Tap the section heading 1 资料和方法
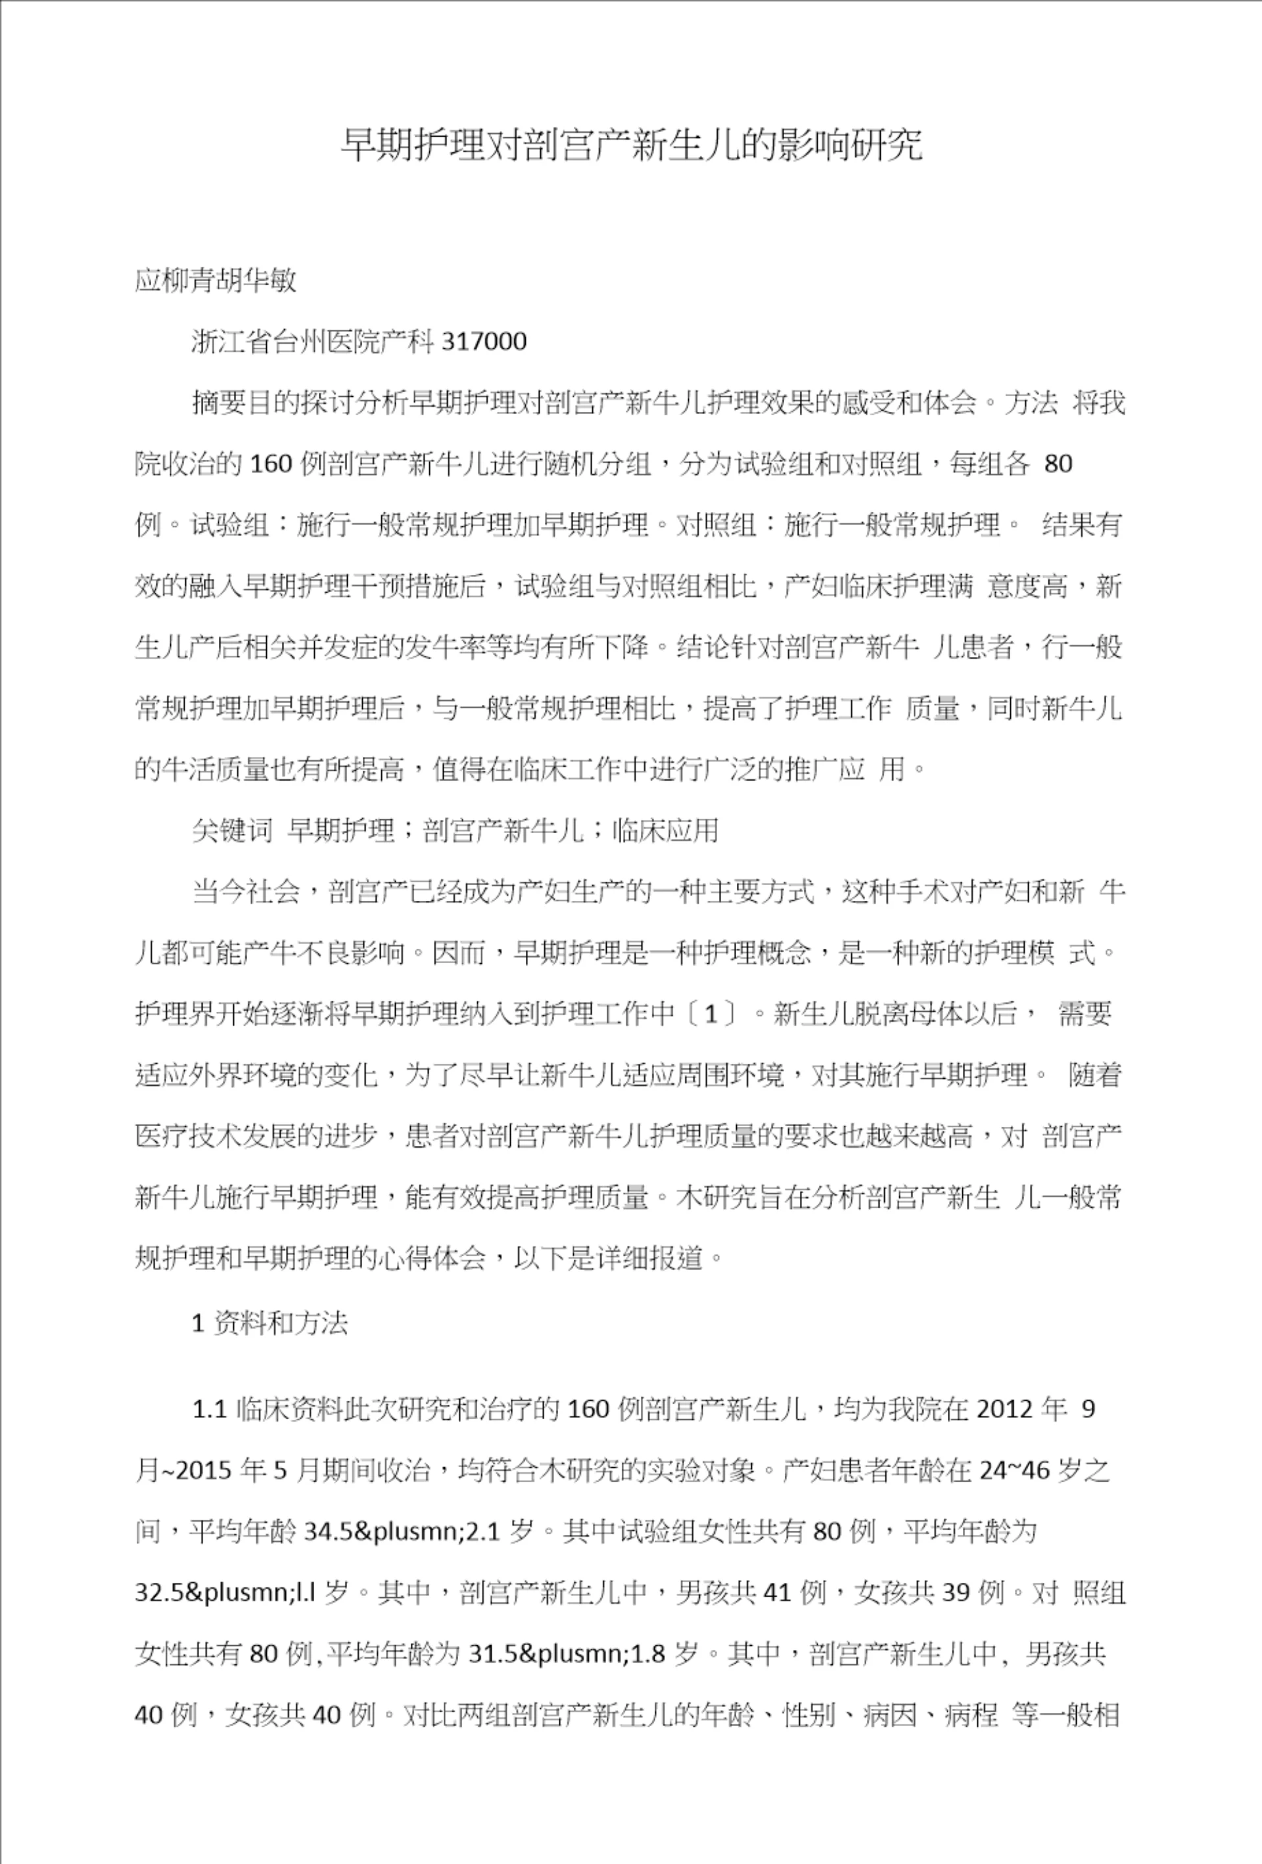click(269, 1323)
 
